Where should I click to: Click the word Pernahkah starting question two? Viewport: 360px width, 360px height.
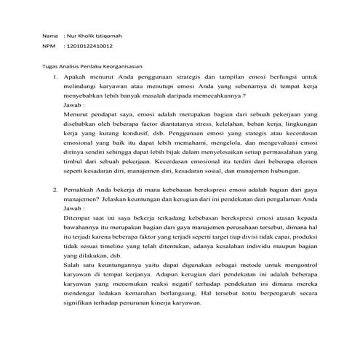(x=82, y=188)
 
